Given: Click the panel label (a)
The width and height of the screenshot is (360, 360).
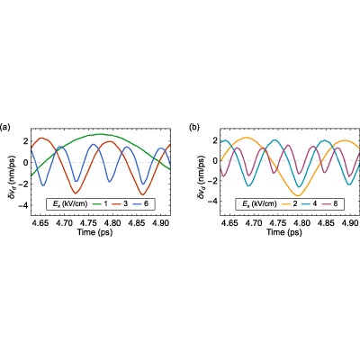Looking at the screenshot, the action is click(5, 127).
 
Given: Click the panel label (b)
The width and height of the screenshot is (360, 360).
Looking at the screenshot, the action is click(194, 127).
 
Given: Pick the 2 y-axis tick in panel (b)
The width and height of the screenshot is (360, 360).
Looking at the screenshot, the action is click(215, 140).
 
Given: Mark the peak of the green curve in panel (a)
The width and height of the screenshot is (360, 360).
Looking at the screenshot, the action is click(101, 134).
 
